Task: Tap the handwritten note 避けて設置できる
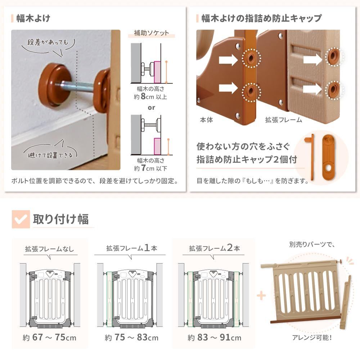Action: (x=50, y=155)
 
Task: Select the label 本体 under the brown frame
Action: (x=206, y=120)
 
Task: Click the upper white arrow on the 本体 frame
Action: (x=228, y=58)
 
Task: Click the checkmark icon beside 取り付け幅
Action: (x=21, y=219)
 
